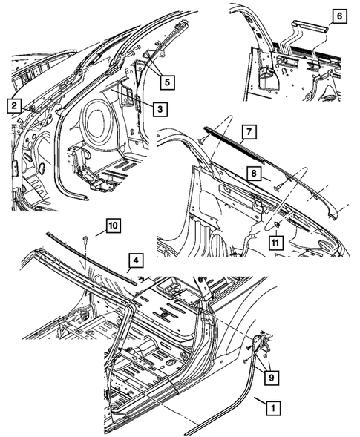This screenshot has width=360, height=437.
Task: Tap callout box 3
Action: (x=160, y=109)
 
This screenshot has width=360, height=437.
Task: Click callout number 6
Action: (x=338, y=15)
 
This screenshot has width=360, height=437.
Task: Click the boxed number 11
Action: (x=275, y=241)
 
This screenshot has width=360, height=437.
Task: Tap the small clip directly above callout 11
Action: (x=275, y=224)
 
